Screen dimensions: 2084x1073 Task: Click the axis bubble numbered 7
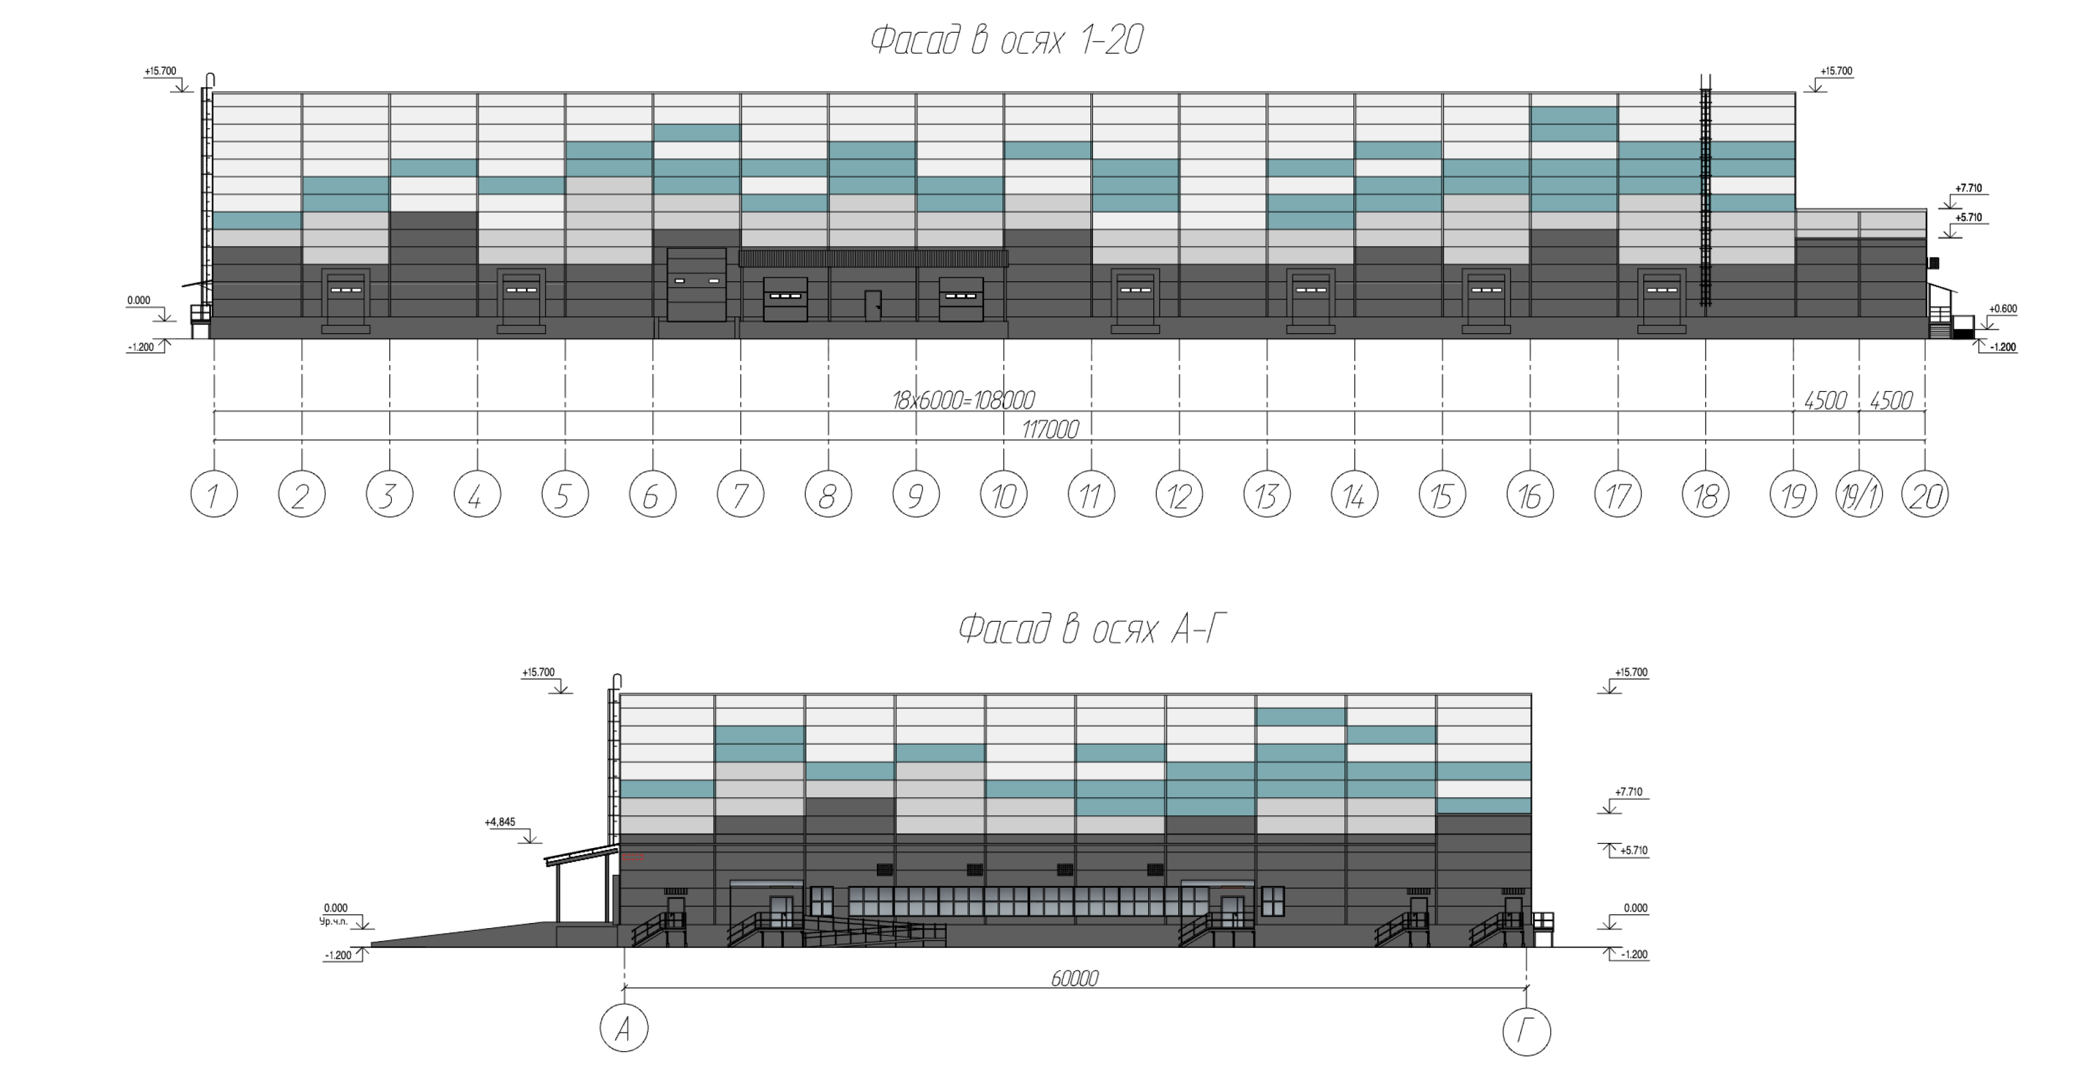pyautogui.click(x=740, y=494)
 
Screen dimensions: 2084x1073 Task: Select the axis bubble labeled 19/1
pyautogui.click(x=1859, y=494)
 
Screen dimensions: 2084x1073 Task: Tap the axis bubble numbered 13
pyautogui.click(x=1267, y=494)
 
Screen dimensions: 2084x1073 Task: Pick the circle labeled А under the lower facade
pyautogui.click(x=623, y=1029)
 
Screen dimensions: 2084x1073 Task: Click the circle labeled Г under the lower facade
pyautogui.click(x=1527, y=1031)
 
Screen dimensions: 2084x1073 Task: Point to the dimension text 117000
pyautogui.click(x=1050, y=429)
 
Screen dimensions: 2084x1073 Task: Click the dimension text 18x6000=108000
pyautogui.click(x=963, y=400)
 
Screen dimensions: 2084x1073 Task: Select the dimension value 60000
pyautogui.click(x=1074, y=978)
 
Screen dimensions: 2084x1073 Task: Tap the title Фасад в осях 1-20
pyautogui.click(x=1006, y=40)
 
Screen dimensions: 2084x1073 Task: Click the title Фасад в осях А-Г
pyautogui.click(x=1092, y=628)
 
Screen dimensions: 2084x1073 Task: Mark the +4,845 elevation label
pyautogui.click(x=500, y=822)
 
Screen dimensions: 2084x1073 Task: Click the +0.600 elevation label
pyautogui.click(x=2003, y=308)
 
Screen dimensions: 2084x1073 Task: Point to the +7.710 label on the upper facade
pyautogui.click(x=1969, y=188)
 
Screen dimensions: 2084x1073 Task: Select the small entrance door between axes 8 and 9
pyautogui.click(x=873, y=306)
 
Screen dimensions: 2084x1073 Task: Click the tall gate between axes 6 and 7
pyautogui.click(x=697, y=285)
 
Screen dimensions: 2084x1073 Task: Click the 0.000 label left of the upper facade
pyautogui.click(x=139, y=300)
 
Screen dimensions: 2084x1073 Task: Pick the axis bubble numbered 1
pyautogui.click(x=214, y=494)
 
